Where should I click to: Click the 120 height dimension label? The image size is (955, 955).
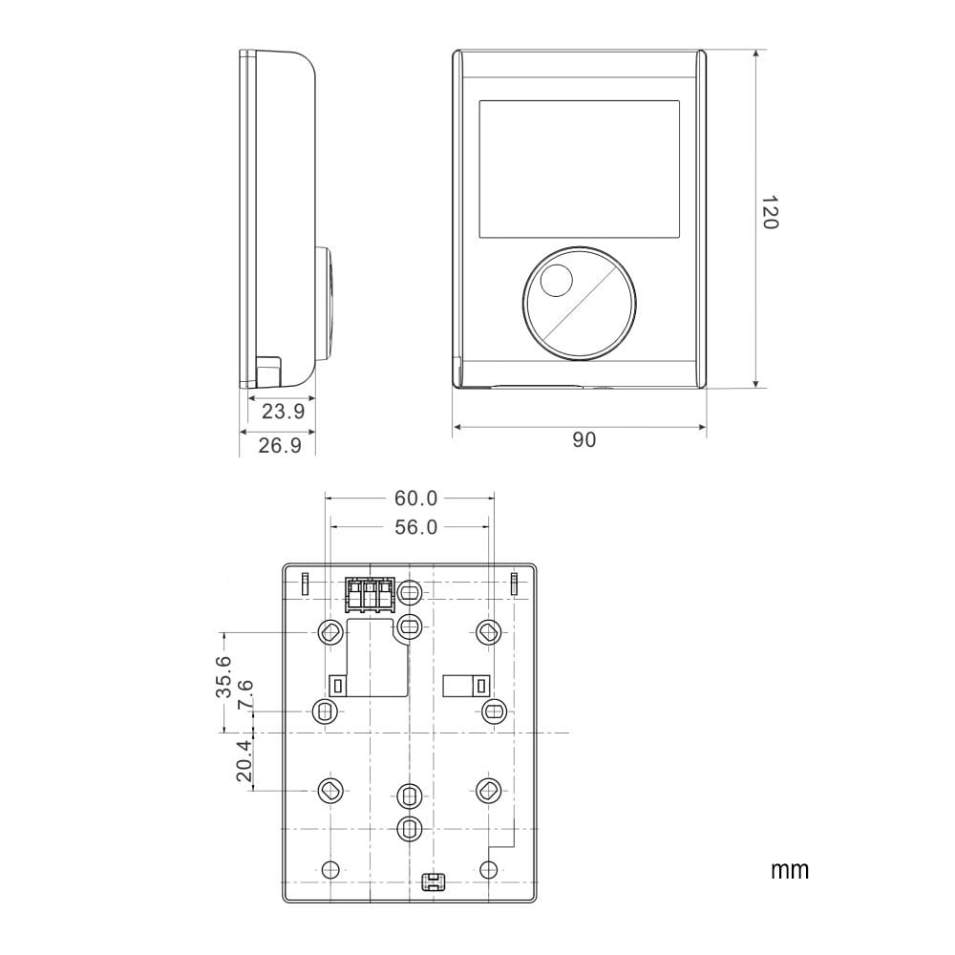770,213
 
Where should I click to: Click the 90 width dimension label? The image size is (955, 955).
584,439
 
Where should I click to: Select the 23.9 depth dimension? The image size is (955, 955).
283,412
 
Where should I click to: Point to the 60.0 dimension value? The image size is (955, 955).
415,498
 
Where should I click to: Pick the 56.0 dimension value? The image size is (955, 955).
415,527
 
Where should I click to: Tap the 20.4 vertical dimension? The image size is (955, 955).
244,761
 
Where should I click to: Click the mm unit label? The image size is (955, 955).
789,870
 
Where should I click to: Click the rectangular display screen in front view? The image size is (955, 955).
579,170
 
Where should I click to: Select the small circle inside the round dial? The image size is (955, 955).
556,282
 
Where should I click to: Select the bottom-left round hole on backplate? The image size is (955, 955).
330,869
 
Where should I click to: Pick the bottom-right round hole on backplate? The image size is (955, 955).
488,869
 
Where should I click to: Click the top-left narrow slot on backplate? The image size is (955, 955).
305,583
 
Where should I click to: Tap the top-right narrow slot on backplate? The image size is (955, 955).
514,583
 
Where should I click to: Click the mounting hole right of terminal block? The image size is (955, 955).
409,593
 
